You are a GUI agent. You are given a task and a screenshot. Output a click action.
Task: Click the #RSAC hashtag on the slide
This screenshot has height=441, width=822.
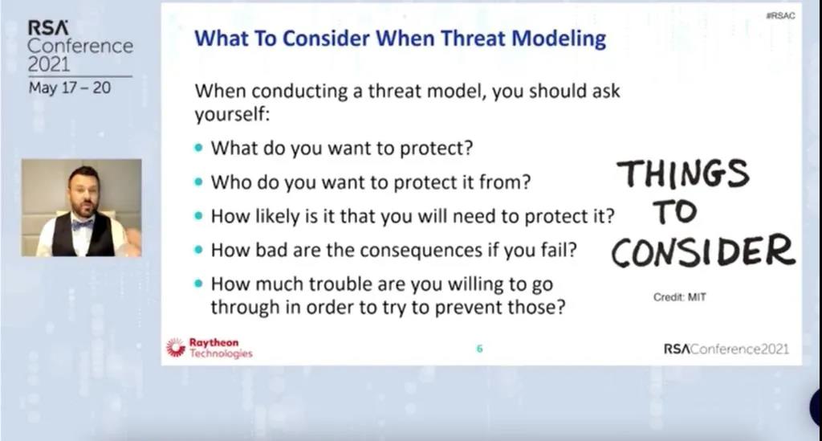pyautogui.click(x=780, y=16)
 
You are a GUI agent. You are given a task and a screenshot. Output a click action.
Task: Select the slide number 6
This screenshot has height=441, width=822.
pyautogui.click(x=479, y=349)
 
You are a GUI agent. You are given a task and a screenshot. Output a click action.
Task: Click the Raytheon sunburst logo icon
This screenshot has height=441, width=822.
pyautogui.click(x=176, y=347)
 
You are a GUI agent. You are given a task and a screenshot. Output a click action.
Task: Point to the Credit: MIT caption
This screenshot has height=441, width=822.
pyautogui.click(x=679, y=297)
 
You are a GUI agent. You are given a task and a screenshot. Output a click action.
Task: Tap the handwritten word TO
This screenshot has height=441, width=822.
pyautogui.click(x=675, y=211)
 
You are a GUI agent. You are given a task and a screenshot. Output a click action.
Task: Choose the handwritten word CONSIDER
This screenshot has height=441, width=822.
pyautogui.click(x=703, y=251)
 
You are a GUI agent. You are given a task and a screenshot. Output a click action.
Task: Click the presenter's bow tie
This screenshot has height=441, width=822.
pyautogui.click(x=83, y=225)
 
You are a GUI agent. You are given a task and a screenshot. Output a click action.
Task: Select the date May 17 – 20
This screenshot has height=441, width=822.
pyautogui.click(x=70, y=88)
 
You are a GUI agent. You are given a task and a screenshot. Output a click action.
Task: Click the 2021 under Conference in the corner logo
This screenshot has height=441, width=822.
pyautogui.click(x=49, y=64)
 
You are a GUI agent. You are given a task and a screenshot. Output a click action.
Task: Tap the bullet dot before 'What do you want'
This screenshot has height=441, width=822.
pyautogui.click(x=198, y=148)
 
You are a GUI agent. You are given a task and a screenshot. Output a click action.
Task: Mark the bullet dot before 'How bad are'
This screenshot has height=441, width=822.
pyautogui.click(x=198, y=250)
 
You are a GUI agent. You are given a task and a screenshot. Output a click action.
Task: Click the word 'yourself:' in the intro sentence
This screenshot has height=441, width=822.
pyautogui.click(x=232, y=114)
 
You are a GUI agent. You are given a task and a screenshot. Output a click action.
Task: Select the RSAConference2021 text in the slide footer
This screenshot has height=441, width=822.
pyautogui.click(x=726, y=349)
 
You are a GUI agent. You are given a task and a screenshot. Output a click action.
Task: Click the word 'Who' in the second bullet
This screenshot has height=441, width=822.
pyautogui.click(x=227, y=182)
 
